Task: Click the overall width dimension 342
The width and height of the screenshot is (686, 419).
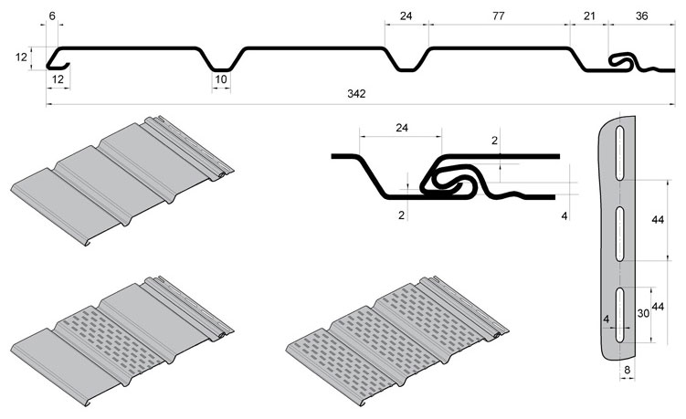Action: [x=356, y=94]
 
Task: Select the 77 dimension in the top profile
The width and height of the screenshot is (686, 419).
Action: [x=499, y=16]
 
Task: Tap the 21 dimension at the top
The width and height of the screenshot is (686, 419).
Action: [x=589, y=16]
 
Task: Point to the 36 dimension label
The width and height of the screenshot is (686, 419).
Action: [x=641, y=16]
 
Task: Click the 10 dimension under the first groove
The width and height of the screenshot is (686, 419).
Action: [x=221, y=79]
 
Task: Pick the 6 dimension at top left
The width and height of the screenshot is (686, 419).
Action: [x=52, y=16]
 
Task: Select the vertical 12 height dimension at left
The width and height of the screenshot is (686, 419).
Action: [x=21, y=57]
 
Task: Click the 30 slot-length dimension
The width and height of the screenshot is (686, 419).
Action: [x=643, y=314]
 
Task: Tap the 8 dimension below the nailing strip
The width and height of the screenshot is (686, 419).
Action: [x=627, y=370]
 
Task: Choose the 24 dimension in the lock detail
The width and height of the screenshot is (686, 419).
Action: [x=402, y=128]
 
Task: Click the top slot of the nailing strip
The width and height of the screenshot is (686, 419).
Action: [x=619, y=152]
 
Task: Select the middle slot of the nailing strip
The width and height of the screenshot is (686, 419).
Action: [x=619, y=234]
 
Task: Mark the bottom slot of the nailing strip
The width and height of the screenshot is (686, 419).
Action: [x=619, y=314]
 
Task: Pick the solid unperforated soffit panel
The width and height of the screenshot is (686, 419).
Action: [x=122, y=181]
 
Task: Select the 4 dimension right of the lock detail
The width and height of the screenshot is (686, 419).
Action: [x=565, y=215]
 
